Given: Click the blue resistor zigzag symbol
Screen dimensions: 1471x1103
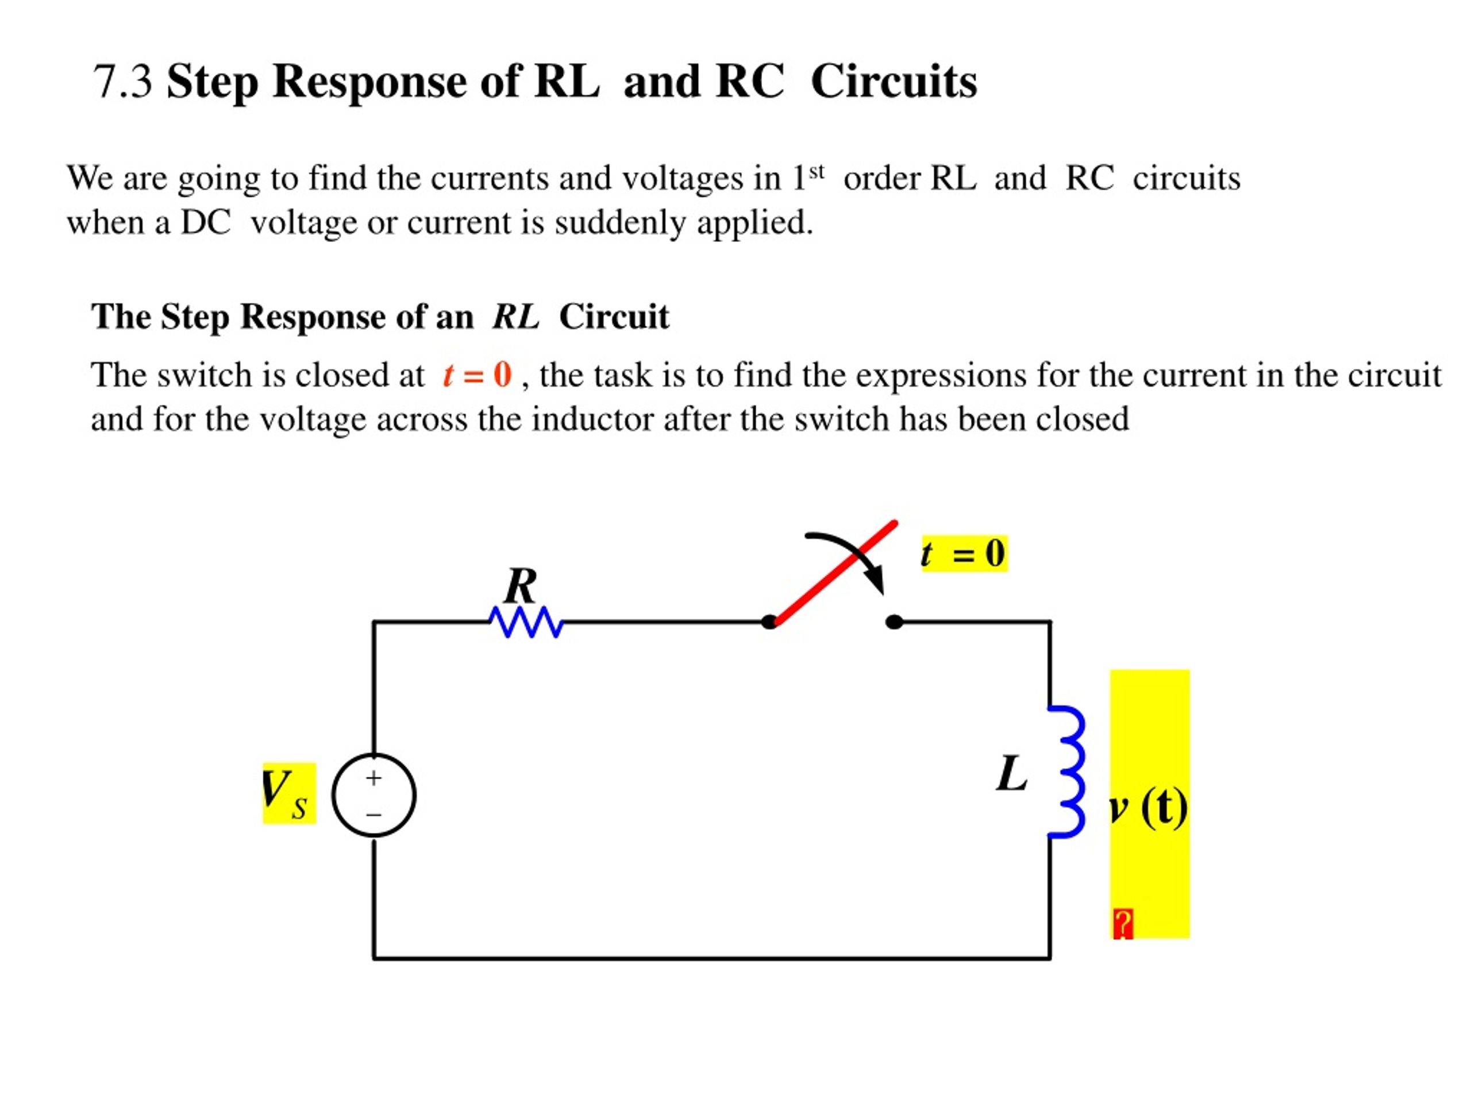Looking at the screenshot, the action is pos(526,622).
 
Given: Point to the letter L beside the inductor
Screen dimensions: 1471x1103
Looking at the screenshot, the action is pos(1012,773).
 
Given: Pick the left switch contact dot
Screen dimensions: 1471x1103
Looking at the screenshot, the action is pos(769,622).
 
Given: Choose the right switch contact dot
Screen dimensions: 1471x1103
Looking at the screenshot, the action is pos(895,622).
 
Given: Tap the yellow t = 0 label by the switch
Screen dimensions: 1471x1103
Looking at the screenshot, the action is pos(964,553).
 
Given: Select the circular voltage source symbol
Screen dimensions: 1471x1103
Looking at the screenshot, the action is pos(373,795).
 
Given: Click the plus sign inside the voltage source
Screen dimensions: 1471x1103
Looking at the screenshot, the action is pos(373,777).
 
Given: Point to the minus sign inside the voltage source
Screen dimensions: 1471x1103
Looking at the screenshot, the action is pos(373,815).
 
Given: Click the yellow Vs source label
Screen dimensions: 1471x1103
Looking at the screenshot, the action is pos(289,793).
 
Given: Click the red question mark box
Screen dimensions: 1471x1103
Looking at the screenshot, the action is pos(1123,924).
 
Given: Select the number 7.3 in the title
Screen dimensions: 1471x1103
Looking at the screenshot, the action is pos(123,82).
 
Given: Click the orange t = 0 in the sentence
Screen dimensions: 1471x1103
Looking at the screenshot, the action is pos(477,375).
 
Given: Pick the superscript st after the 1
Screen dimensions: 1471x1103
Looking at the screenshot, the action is pos(817,172).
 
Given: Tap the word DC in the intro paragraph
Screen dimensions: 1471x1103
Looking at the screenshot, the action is pos(206,222).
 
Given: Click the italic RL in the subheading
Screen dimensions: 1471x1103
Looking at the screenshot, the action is pos(516,317).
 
